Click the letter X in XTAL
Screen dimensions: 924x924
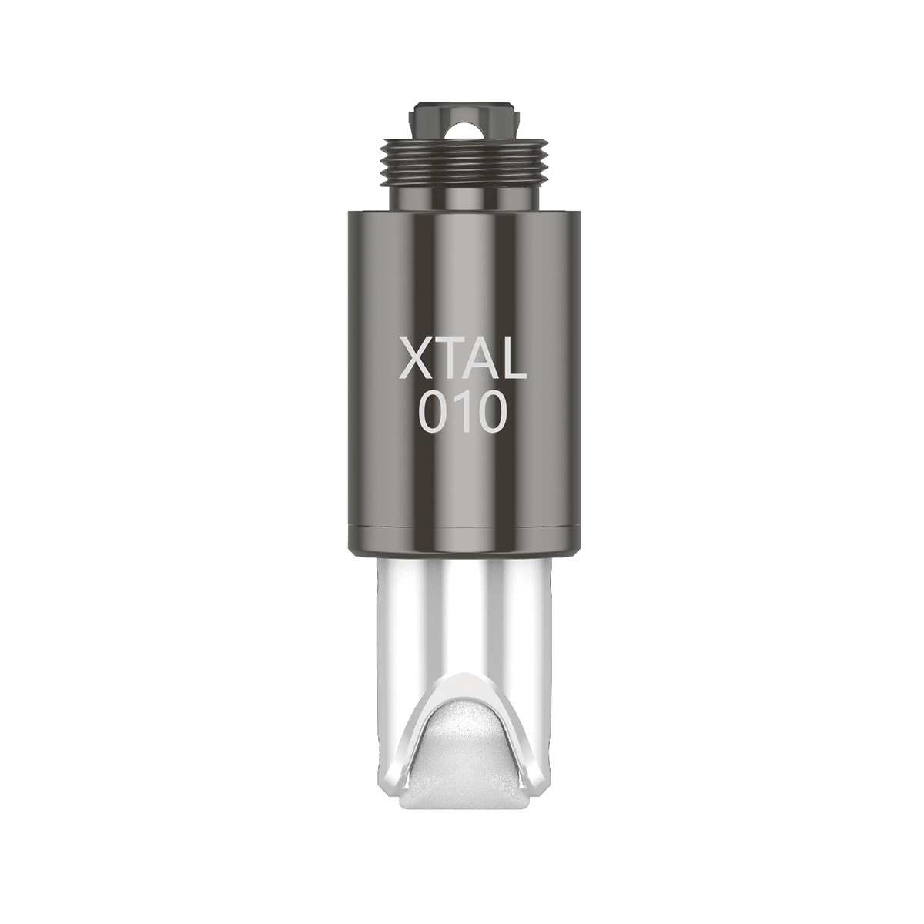(420, 358)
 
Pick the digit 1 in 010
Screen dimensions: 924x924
(464, 410)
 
